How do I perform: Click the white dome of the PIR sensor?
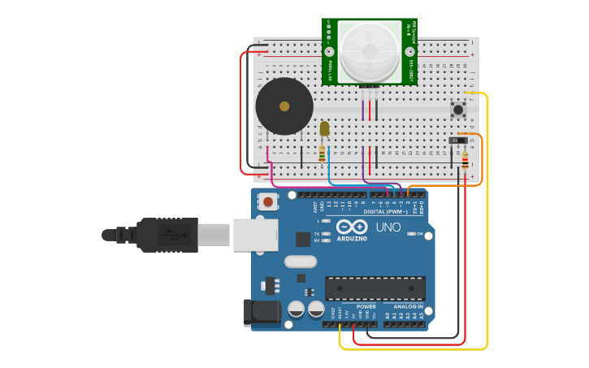pyautogui.click(x=370, y=50)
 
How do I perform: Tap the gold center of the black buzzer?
pyautogui.click(x=284, y=106)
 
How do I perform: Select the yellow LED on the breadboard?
pyautogui.click(x=324, y=128)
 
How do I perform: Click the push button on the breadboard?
pyautogui.click(x=458, y=109)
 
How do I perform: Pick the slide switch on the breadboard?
pyautogui.click(x=458, y=141)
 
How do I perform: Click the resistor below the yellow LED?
pyautogui.click(x=322, y=153)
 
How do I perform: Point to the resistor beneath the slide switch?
pyautogui.click(x=465, y=161)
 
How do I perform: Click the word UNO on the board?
pyautogui.click(x=388, y=227)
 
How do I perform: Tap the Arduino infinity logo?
pyautogui.click(x=352, y=227)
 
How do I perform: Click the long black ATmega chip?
pyautogui.click(x=375, y=288)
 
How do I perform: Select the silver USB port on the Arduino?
pyautogui.click(x=255, y=235)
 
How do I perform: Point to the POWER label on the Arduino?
pyautogui.click(x=366, y=306)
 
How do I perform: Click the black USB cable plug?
pyautogui.click(x=167, y=235)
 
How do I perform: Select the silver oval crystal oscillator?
pyautogui.click(x=300, y=262)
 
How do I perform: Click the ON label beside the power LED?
pyautogui.click(x=418, y=234)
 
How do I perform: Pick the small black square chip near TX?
pyautogui.click(x=303, y=239)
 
